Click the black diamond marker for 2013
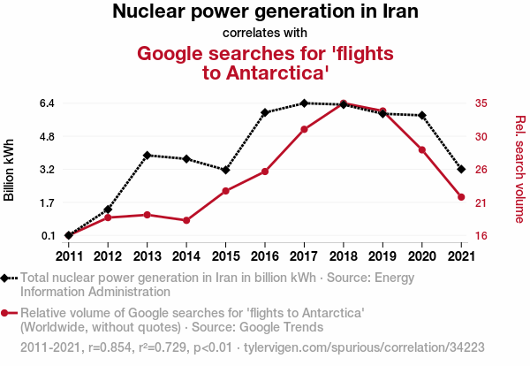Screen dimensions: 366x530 pos(148,155)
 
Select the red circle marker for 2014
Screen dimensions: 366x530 pos(186,220)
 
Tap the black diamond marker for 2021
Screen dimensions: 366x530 pos(461,169)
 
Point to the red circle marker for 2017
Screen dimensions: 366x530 pos(304,129)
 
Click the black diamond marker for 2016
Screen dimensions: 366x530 pos(265,112)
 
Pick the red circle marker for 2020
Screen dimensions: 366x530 pos(422,149)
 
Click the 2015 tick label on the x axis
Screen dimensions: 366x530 pos(225,255)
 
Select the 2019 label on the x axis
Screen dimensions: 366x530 pos(382,255)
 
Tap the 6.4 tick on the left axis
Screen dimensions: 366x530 pos(48,103)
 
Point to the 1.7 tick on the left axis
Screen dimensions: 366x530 pos(48,202)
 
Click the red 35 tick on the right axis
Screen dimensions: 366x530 pos(481,103)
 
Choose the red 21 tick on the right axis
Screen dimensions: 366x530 pos(481,202)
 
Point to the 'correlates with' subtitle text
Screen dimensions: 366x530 pos(265,33)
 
